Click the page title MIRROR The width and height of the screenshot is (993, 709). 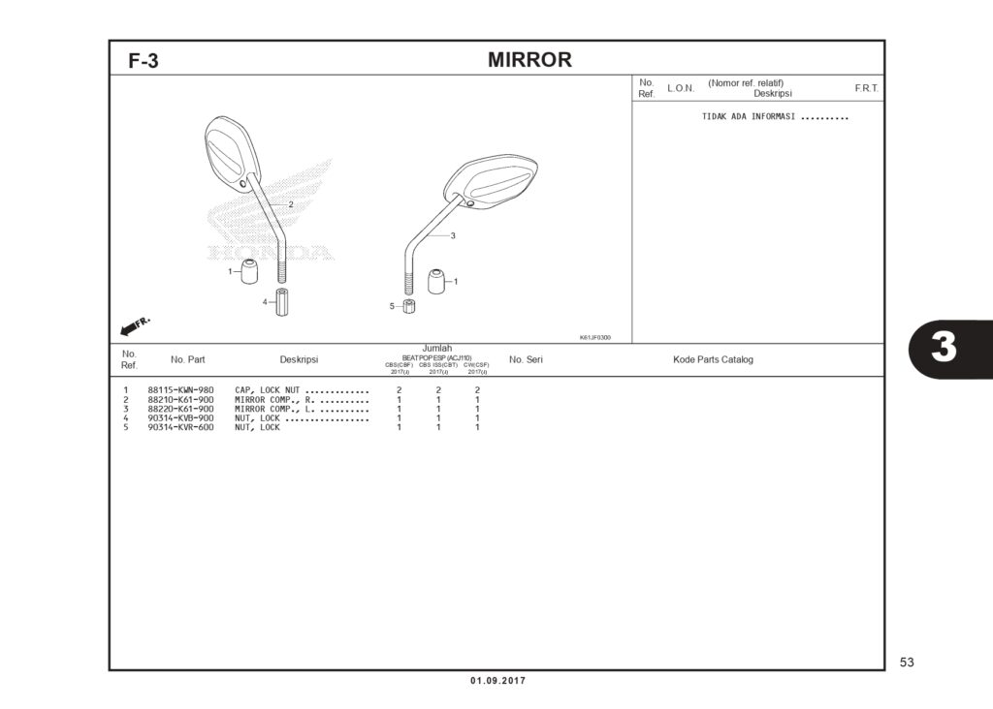[529, 60]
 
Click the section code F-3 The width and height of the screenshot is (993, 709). [144, 62]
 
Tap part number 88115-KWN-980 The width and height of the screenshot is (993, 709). [180, 390]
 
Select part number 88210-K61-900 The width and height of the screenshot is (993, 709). [180, 400]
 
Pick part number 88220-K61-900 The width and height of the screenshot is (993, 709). [180, 409]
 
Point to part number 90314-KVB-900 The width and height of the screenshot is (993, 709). [180, 418]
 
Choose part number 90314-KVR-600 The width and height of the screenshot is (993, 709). [180, 427]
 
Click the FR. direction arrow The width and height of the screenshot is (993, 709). [134, 324]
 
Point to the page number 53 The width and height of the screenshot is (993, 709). [907, 663]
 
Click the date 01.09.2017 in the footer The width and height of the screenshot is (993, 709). [497, 681]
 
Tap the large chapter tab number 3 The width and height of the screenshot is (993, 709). [944, 348]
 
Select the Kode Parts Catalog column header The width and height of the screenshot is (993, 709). [713, 359]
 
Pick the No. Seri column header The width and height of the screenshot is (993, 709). [526, 359]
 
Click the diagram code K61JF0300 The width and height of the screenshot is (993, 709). [594, 337]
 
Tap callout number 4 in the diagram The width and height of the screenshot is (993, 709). [264, 302]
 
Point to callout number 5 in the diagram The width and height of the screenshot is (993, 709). [393, 306]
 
